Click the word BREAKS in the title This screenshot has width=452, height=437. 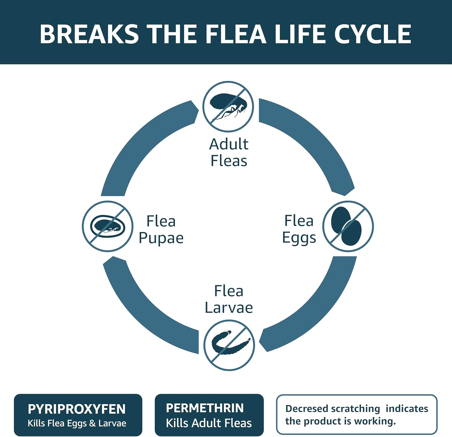(x=89, y=34)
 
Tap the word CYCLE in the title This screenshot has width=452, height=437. (x=372, y=34)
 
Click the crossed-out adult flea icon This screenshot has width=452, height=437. (x=228, y=107)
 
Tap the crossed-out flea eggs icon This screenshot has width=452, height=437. (x=348, y=226)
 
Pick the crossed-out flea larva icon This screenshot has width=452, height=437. (x=229, y=345)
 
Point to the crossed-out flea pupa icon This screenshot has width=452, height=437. (x=108, y=226)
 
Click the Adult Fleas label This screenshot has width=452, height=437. (x=229, y=152)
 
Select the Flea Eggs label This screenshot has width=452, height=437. (x=299, y=229)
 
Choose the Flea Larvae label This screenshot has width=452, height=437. (x=229, y=299)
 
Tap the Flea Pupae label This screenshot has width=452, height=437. (x=161, y=229)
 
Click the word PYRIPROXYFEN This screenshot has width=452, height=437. (x=77, y=409)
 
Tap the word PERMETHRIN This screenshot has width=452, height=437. (x=205, y=408)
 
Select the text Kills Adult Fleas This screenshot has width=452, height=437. (x=209, y=423)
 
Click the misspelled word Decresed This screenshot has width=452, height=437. (x=306, y=409)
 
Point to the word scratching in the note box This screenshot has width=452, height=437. (x=355, y=409)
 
